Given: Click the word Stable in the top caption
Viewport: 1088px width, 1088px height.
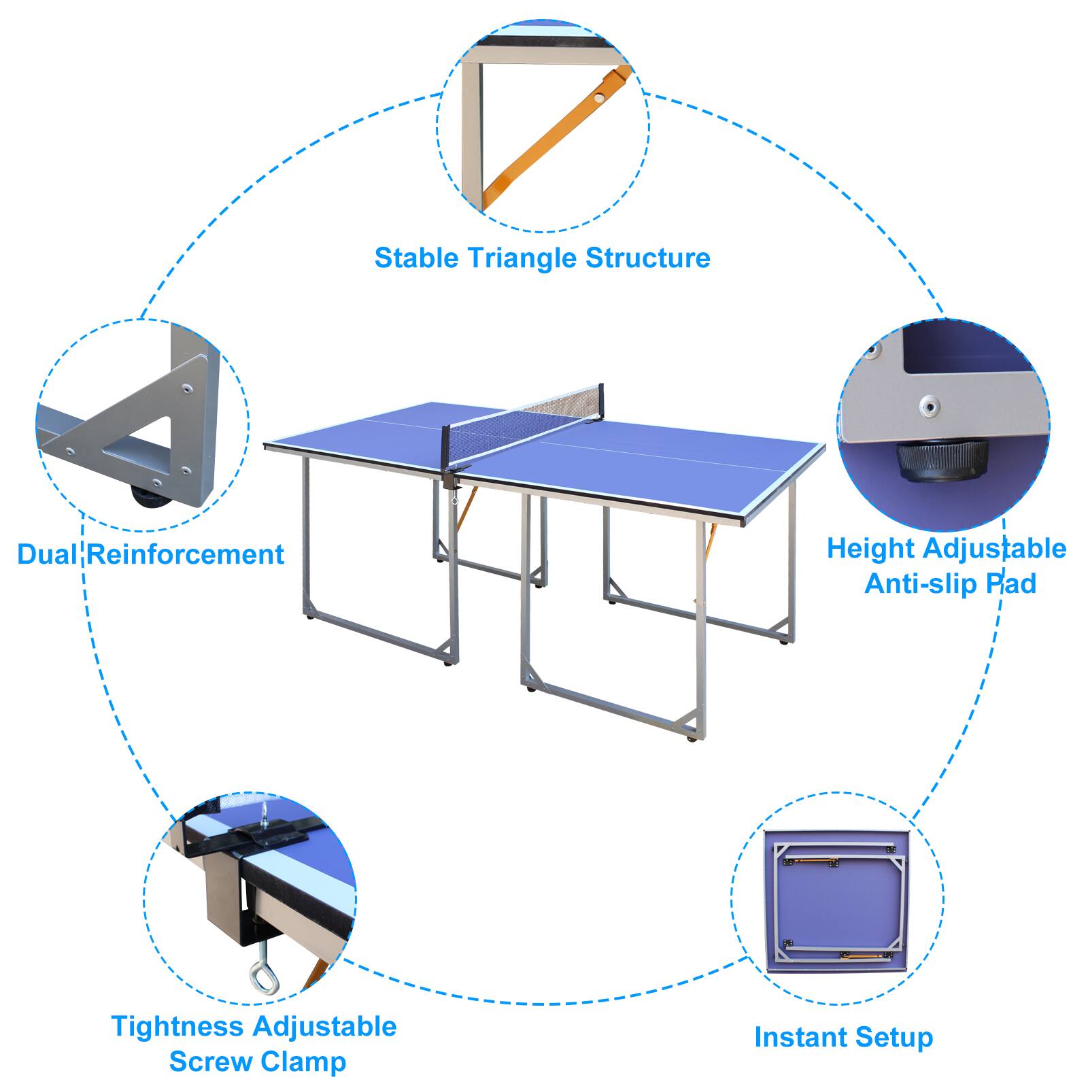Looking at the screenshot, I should (x=415, y=258).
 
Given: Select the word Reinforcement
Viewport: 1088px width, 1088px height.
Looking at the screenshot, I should (x=186, y=555).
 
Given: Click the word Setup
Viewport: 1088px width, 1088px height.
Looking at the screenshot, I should (x=894, y=1038).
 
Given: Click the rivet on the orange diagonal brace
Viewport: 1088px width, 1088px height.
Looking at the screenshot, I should (x=598, y=98).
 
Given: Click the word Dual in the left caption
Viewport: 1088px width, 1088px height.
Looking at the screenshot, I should (x=47, y=555).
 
